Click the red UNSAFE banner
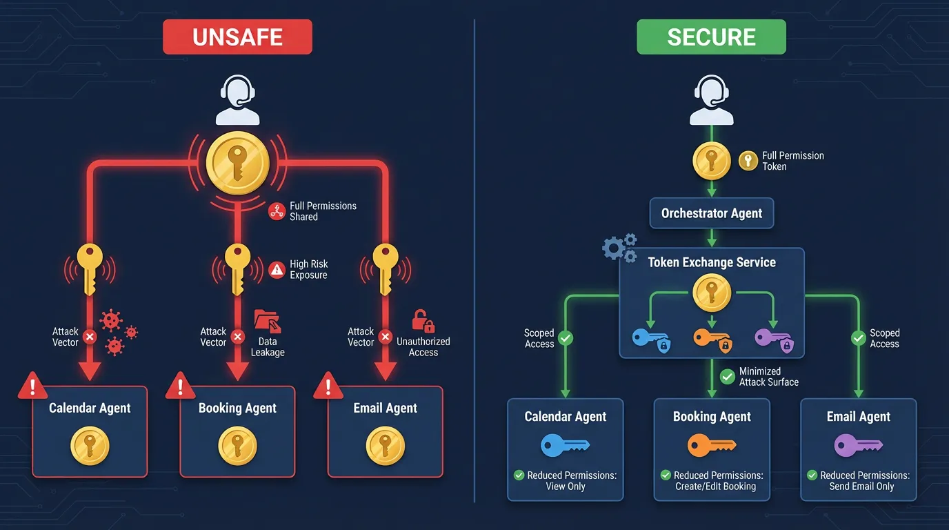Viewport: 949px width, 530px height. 237,37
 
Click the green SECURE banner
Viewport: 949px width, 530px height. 711,37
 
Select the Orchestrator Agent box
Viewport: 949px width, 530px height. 712,213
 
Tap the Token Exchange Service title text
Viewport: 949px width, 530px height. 712,262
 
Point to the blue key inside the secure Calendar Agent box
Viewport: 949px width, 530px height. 565,445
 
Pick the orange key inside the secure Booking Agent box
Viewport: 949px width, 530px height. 712,445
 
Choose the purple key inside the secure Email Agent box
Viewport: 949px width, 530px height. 858,445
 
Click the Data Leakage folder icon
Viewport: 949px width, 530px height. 267,321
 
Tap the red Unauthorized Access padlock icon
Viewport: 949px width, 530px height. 422,321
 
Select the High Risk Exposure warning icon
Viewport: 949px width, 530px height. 277,270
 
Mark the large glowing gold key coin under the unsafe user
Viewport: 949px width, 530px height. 237,163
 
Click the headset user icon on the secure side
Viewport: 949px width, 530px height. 711,100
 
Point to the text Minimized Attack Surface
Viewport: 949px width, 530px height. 768,376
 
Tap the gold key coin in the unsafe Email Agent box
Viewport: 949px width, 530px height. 385,446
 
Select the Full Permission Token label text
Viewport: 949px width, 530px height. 792,161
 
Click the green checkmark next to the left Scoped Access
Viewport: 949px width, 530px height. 566,338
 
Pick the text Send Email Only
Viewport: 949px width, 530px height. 861,487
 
